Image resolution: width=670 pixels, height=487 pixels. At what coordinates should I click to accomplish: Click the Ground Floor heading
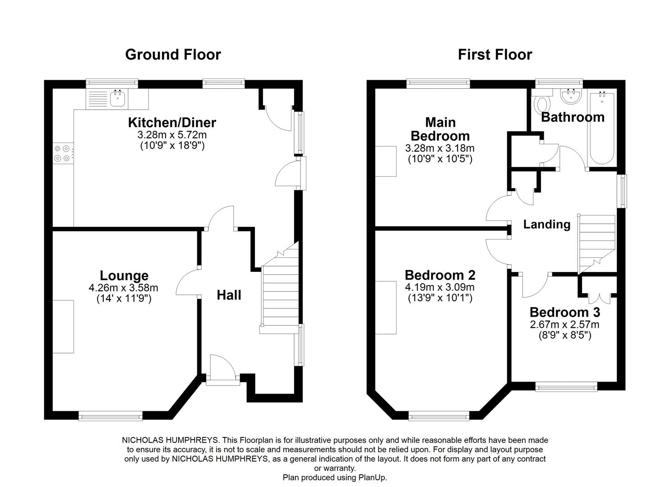(173, 55)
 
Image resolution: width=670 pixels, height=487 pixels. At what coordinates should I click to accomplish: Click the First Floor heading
(495, 55)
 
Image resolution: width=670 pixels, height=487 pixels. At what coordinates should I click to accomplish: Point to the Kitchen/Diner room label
(172, 123)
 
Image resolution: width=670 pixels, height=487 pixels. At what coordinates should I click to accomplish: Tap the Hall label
(229, 295)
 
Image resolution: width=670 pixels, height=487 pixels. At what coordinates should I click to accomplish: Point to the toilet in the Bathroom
(540, 104)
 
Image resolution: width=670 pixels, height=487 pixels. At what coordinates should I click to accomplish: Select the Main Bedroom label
(440, 129)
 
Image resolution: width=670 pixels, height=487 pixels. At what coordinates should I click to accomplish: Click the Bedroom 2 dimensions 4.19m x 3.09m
(440, 287)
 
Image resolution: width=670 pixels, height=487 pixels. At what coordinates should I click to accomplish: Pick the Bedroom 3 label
(564, 312)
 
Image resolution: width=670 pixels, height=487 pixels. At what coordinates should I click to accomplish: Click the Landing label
(546, 224)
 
